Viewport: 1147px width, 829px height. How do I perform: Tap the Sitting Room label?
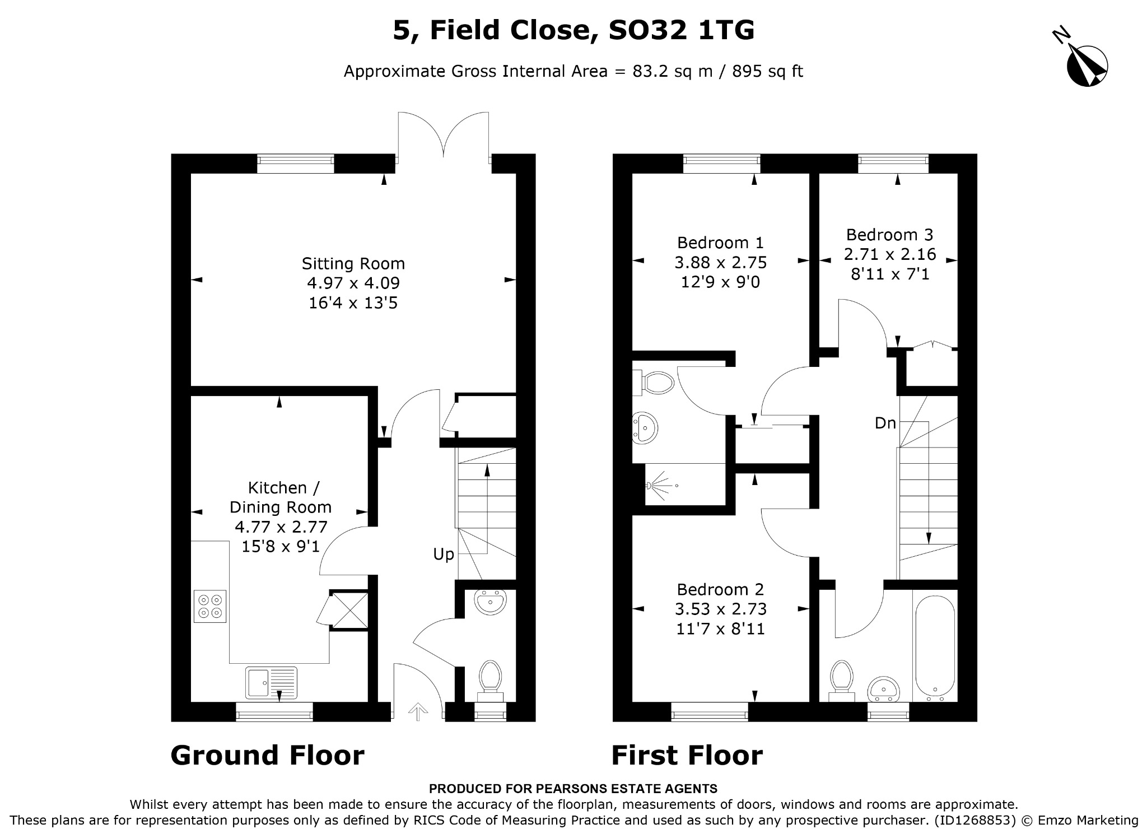pos(353,263)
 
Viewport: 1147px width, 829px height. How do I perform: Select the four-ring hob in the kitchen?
pos(210,606)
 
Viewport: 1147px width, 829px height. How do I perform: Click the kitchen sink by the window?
pos(271,682)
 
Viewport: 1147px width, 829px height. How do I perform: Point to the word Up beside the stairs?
pos(444,555)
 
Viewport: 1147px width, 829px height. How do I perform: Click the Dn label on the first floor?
pos(885,423)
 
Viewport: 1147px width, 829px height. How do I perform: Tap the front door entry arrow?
pos(417,712)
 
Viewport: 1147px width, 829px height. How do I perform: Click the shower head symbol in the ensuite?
pos(660,485)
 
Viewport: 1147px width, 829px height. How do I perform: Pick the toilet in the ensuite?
pos(652,383)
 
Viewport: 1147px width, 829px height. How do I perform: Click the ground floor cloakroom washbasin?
pos(490,602)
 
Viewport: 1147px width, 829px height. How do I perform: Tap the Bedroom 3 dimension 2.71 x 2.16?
pos(890,254)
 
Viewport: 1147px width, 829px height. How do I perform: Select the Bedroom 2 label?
pos(720,589)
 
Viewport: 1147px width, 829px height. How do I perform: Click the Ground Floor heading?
pos(267,755)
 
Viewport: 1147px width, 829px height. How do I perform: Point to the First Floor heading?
pos(687,755)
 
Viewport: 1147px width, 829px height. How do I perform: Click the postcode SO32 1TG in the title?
pos(682,30)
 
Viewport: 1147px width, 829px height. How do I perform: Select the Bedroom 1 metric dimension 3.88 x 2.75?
pos(721,262)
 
